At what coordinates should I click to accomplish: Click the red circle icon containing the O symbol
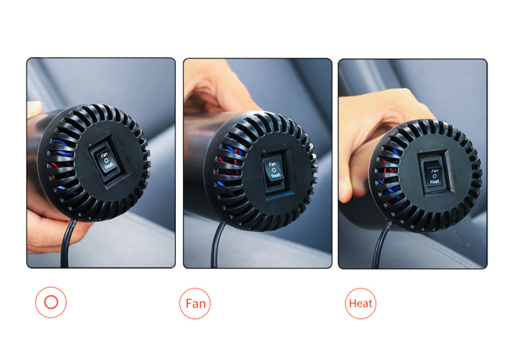coord(51,303)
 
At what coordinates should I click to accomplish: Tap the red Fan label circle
coord(195,303)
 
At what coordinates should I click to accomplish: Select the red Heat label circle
coord(360,303)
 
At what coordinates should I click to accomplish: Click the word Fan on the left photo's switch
coord(104,154)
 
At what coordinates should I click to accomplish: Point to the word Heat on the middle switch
coord(276,176)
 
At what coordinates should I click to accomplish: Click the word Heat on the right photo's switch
coord(434,182)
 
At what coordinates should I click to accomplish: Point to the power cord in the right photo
coord(380,246)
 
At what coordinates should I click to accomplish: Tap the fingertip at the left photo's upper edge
coord(34,109)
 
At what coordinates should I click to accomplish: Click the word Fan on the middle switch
coord(272,164)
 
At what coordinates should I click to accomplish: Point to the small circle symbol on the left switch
coord(106,160)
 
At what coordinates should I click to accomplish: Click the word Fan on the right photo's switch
coord(435,171)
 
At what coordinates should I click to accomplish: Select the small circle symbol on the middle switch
coord(274,170)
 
